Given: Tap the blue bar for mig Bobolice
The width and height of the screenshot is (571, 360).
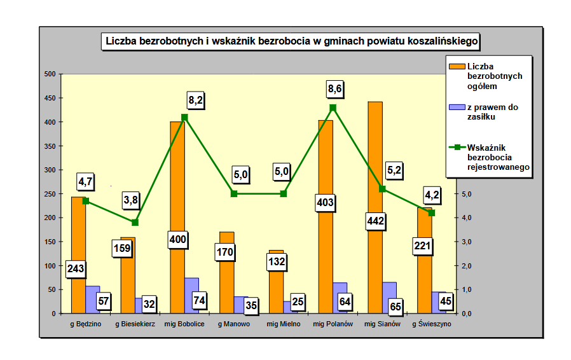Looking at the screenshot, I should (191, 289).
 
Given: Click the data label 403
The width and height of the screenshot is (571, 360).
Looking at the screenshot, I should (326, 204).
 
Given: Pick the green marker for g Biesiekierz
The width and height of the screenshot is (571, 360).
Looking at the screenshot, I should (135, 223).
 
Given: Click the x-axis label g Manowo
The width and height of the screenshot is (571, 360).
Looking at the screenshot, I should (233, 324).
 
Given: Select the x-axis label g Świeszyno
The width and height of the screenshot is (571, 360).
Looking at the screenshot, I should (432, 324).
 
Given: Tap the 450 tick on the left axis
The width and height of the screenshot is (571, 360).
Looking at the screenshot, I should (49, 98).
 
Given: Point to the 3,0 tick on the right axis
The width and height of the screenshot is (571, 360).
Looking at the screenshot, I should (466, 242).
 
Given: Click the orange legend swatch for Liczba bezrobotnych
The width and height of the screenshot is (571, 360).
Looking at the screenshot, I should (457, 66).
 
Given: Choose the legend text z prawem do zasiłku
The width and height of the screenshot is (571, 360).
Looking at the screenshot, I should (492, 111).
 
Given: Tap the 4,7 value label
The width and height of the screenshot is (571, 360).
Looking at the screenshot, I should (86, 181).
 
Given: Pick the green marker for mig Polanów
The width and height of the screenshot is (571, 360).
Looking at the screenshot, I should (333, 107).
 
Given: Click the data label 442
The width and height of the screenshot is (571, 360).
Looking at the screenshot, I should (375, 221).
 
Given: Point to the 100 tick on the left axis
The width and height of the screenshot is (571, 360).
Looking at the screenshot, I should (49, 266).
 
